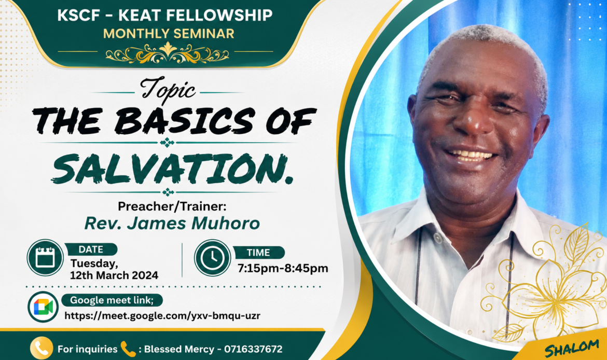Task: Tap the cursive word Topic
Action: pyautogui.click(x=168, y=90)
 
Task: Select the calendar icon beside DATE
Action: pyautogui.click(x=45, y=257)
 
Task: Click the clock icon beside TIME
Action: pyautogui.click(x=213, y=257)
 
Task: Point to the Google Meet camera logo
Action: pyautogui.click(x=43, y=307)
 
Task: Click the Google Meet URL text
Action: pyautogui.click(x=162, y=316)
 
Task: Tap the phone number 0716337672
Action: pyautogui.click(x=253, y=349)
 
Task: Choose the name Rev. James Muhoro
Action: pyautogui.click(x=172, y=224)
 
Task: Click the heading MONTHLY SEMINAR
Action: pyautogui.click(x=169, y=34)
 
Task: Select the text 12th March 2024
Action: pyautogui.click(x=114, y=275)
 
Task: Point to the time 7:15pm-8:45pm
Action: pyautogui.click(x=283, y=268)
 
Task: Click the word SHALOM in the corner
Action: pyautogui.click(x=572, y=348)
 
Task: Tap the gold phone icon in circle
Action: pyautogui.click(x=42, y=349)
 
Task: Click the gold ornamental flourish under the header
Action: pyautogui.click(x=167, y=53)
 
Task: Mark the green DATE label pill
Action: pyautogui.click(x=91, y=250)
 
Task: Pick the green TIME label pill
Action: pyautogui.click(x=258, y=253)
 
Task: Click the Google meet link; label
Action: pyautogui.click(x=112, y=300)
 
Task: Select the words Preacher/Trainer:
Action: pyautogui.click(x=172, y=206)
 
